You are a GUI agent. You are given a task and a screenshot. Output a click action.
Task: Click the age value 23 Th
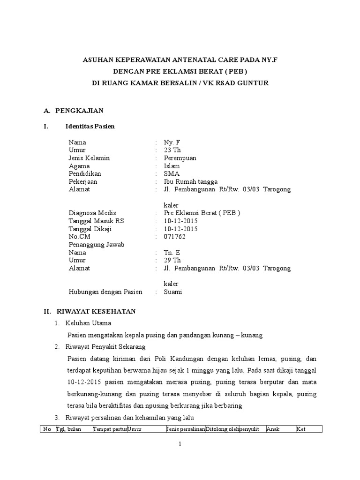point(172,150)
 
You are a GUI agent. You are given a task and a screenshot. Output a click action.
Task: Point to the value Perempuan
point(180,158)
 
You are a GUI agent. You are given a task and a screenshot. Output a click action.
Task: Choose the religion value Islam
point(172,166)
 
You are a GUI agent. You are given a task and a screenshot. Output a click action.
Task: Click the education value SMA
point(171,174)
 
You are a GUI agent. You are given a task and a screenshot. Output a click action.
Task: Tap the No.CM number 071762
point(174,237)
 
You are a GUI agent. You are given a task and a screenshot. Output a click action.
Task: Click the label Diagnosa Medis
point(92,213)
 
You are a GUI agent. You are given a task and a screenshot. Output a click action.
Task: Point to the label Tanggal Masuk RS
point(97,221)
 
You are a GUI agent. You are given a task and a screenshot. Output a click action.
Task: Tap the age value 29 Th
point(172,260)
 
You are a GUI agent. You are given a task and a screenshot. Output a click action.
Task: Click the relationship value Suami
point(172,292)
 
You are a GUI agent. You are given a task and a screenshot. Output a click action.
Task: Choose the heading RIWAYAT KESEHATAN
point(96,311)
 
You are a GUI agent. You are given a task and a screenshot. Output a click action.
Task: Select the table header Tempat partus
point(110,429)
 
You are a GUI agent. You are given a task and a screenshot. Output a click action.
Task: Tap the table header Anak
point(273,429)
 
